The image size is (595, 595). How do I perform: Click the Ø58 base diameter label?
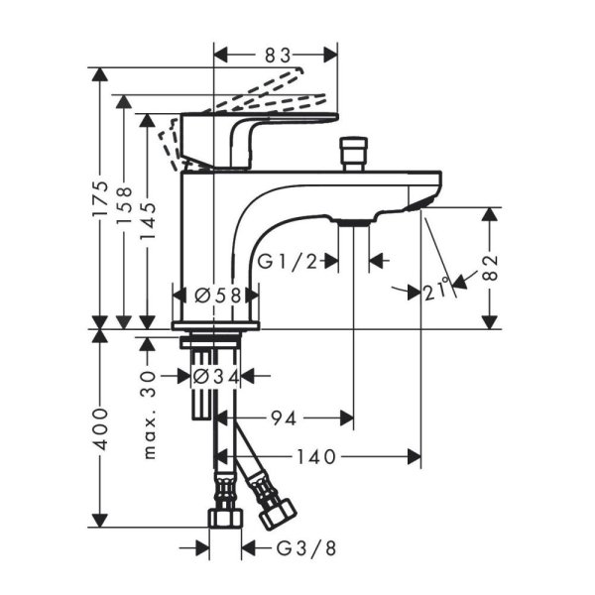[216, 295]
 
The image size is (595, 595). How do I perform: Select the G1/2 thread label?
[293, 261]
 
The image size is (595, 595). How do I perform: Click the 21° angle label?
[436, 290]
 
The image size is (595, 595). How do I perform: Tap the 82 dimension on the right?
[491, 266]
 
